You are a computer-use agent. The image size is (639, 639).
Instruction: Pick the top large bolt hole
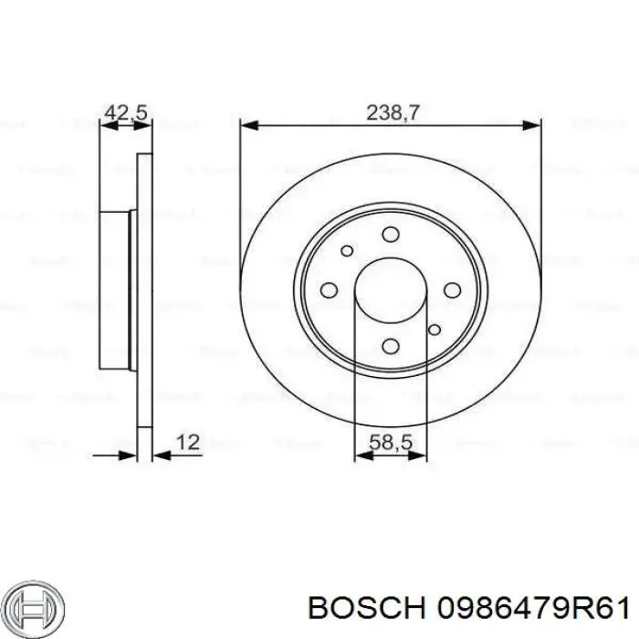[391, 235]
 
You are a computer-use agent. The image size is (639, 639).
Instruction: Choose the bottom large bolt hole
[391, 345]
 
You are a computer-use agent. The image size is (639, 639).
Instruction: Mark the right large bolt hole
[451, 289]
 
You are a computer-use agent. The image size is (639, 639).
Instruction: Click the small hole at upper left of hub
[346, 251]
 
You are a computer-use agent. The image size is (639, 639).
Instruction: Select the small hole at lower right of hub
[435, 329]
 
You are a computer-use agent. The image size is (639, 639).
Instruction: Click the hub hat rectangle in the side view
[116, 289]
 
